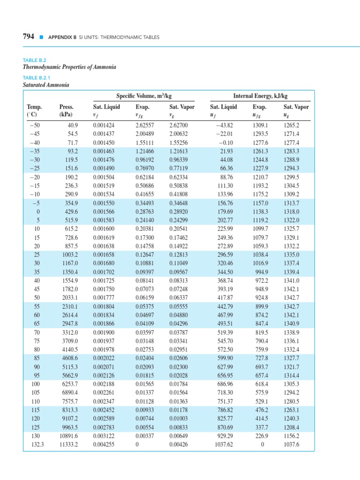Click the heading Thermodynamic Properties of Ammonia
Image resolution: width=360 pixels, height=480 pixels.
(x=69, y=67)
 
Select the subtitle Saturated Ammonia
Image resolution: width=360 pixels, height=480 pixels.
(x=46, y=85)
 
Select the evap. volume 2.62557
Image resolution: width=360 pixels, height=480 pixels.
(x=145, y=125)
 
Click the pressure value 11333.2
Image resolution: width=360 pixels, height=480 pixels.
(x=67, y=444)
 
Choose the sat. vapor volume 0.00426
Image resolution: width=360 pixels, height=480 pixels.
(x=178, y=444)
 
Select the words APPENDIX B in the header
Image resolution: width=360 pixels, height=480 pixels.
(x=62, y=37)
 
